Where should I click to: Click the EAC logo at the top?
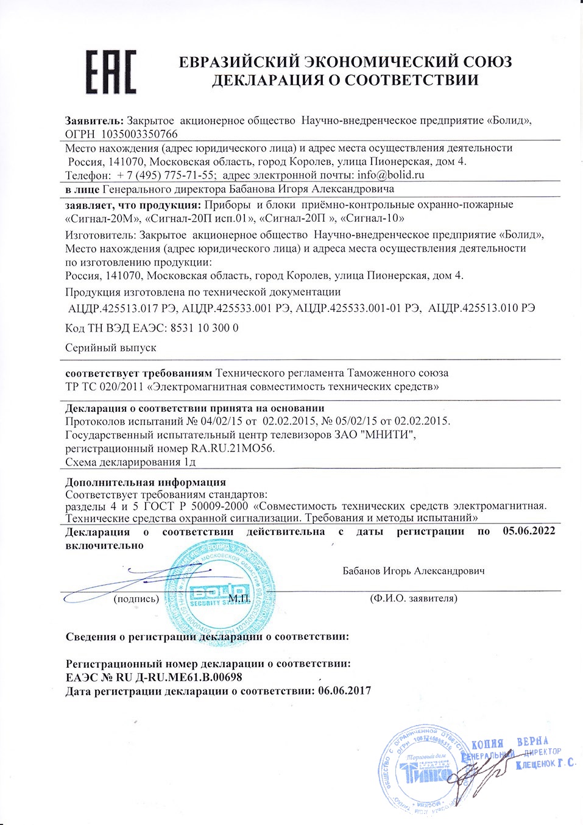click(110, 72)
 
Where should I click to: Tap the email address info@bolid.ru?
click(391, 175)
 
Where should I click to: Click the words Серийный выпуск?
click(110, 347)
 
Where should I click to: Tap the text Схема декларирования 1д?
click(130, 462)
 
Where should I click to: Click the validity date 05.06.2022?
click(529, 531)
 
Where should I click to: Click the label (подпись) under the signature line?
click(136, 599)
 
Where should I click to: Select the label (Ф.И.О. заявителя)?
click(414, 599)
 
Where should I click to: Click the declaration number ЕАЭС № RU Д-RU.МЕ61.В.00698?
click(154, 677)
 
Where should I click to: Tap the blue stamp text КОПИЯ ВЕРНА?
click(511, 743)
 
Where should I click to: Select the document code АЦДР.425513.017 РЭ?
click(122, 308)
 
